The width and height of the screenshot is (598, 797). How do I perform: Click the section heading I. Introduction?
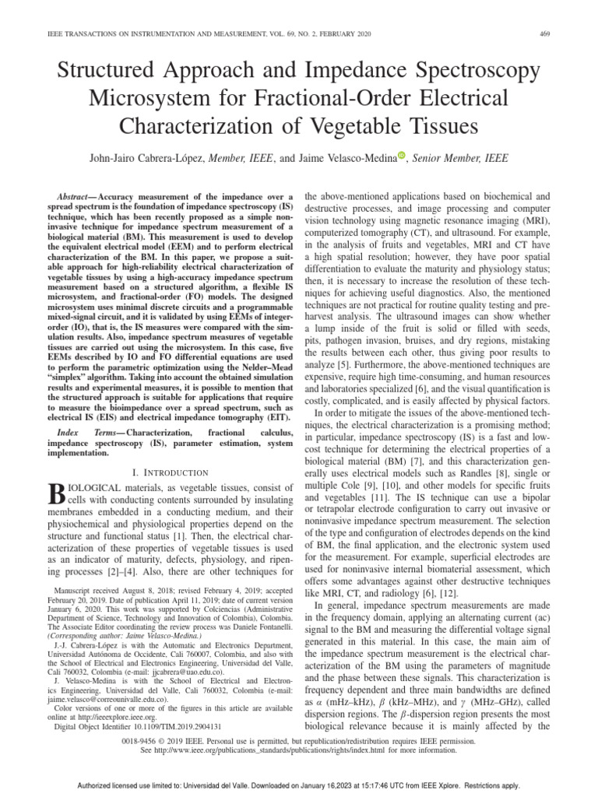(x=171, y=472)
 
